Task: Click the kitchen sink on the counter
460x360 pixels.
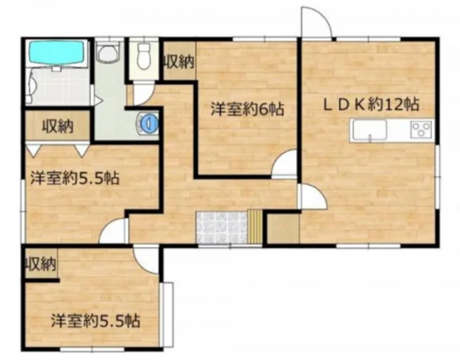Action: (368, 129)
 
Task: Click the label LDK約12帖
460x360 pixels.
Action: (371, 105)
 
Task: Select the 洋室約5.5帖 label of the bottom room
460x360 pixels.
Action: (95, 320)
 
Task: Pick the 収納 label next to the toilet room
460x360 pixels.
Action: (178, 61)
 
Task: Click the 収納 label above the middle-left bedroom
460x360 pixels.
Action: (58, 127)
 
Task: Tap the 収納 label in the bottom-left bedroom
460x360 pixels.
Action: (40, 264)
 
